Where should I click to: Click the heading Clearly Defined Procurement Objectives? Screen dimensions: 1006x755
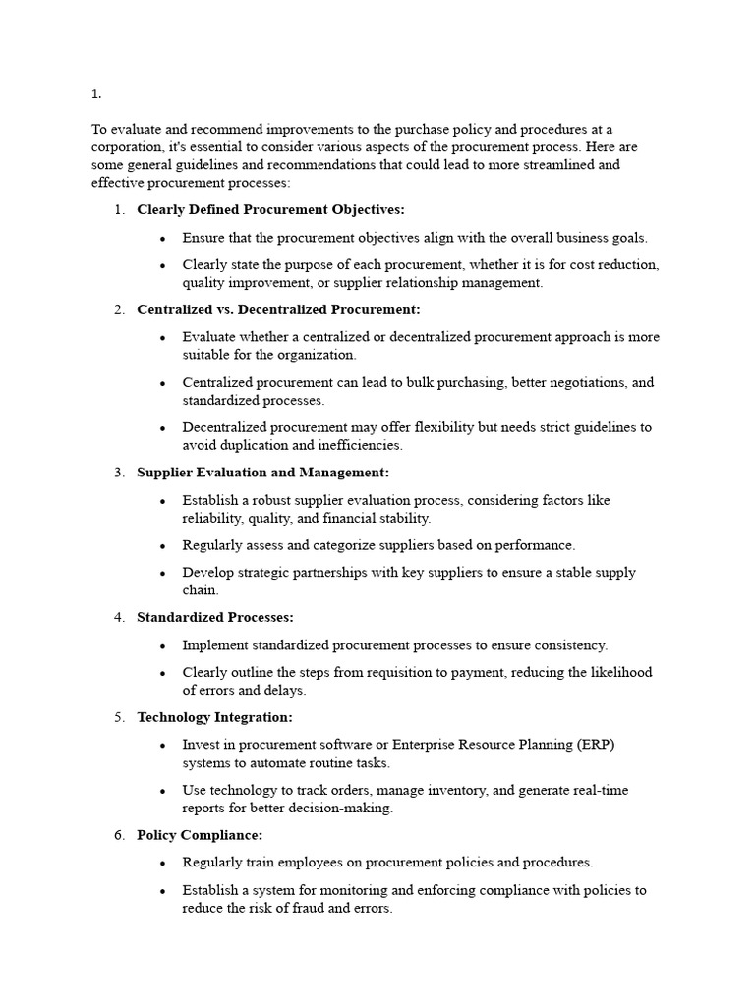coord(270,209)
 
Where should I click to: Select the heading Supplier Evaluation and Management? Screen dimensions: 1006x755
coord(262,473)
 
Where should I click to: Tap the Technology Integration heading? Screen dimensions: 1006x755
coord(214,717)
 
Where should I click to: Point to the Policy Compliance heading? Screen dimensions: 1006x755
coord(200,835)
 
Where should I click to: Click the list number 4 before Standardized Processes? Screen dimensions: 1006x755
coord(119,618)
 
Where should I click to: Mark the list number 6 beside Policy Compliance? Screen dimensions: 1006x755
coord(119,835)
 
